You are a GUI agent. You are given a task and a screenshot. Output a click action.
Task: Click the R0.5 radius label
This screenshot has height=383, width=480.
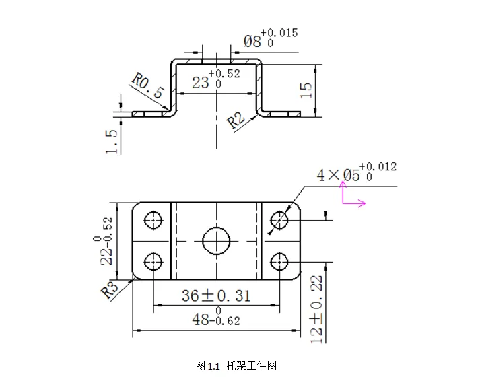(147, 86)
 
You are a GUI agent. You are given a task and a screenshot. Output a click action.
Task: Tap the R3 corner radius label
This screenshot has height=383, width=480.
(110, 290)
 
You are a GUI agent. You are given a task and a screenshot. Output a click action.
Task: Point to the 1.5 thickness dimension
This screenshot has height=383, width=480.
(112, 141)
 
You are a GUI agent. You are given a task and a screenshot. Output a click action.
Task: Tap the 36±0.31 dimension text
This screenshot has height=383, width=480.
(215, 295)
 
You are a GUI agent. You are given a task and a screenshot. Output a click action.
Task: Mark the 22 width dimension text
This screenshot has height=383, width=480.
(106, 241)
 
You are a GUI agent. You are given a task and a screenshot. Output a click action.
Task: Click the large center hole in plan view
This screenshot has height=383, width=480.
(216, 240)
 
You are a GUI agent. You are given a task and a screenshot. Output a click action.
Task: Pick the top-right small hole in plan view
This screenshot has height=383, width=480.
(279, 219)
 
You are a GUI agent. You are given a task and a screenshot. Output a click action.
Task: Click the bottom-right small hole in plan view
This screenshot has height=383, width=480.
(279, 260)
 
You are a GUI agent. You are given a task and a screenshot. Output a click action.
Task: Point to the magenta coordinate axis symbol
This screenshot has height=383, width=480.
(351, 196)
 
